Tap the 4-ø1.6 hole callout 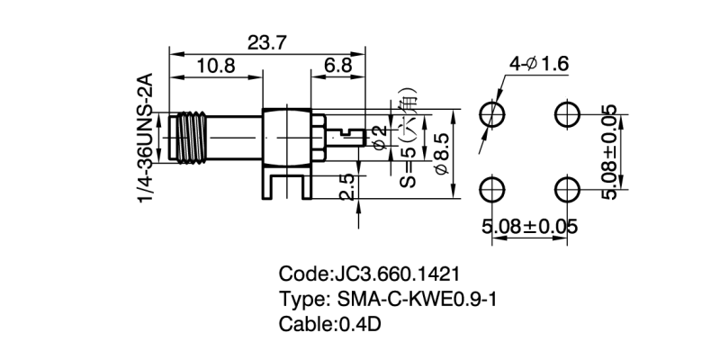pyautogui.click(x=538, y=64)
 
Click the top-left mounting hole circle pyautogui.click(x=492, y=113)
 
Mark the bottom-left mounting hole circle pyautogui.click(x=492, y=188)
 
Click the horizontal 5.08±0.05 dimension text pyautogui.click(x=529, y=226)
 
